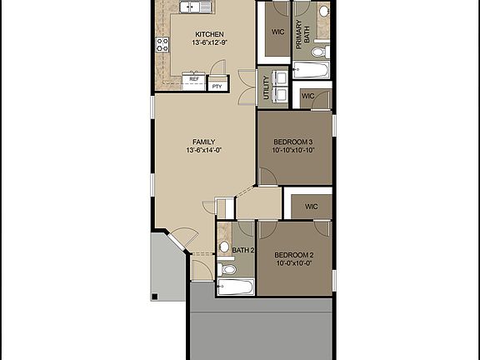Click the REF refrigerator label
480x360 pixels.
click(x=193, y=79)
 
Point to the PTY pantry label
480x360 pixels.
click(x=217, y=86)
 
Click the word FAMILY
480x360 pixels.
click(x=203, y=142)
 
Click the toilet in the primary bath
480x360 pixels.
click(x=324, y=12)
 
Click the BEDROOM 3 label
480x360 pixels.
click(x=292, y=142)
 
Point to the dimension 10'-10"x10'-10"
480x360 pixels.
click(x=292, y=152)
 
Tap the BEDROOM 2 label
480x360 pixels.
click(x=293, y=254)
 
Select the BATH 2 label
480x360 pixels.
click(x=242, y=250)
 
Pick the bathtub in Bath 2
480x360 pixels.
click(x=235, y=287)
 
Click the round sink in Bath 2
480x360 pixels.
click(x=225, y=247)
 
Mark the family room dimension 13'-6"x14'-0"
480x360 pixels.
click(x=203, y=152)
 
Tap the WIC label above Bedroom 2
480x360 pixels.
click(x=311, y=207)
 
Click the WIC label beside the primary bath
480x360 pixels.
click(x=277, y=33)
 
